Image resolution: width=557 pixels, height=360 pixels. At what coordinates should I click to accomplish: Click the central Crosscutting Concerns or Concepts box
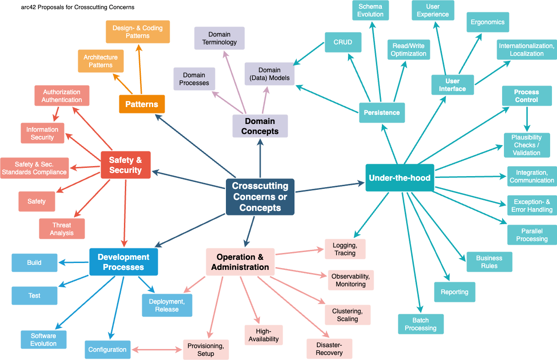260,197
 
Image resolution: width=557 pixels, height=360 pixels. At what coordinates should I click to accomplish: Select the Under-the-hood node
399,177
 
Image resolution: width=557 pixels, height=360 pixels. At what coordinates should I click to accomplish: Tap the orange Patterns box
142,104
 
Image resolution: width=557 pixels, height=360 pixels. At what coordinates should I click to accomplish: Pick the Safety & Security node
125,165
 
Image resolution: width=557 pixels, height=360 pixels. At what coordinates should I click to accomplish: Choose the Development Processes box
123,262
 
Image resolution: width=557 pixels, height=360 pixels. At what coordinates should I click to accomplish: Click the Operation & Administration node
240,262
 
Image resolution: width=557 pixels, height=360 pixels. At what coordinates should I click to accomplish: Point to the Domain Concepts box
260,126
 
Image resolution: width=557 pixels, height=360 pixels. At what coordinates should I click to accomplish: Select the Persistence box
382,113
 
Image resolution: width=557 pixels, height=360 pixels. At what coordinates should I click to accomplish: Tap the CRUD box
343,42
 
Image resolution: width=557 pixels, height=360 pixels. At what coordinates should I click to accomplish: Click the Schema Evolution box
370,11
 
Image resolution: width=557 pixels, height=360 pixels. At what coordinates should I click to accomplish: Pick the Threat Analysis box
62,229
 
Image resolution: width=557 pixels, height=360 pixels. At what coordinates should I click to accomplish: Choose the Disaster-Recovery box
329,349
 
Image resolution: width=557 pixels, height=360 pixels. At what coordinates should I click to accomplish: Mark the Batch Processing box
421,324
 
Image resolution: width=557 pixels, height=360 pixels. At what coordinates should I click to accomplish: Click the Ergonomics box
487,22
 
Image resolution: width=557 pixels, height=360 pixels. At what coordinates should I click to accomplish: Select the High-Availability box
264,335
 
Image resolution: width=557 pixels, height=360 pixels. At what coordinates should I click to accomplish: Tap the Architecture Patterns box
101,61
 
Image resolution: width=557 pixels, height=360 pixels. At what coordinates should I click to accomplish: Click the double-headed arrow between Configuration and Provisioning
157,350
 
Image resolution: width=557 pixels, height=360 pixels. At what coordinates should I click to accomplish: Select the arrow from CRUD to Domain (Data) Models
310,54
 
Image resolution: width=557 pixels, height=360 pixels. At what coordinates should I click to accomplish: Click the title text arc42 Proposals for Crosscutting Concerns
78,7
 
